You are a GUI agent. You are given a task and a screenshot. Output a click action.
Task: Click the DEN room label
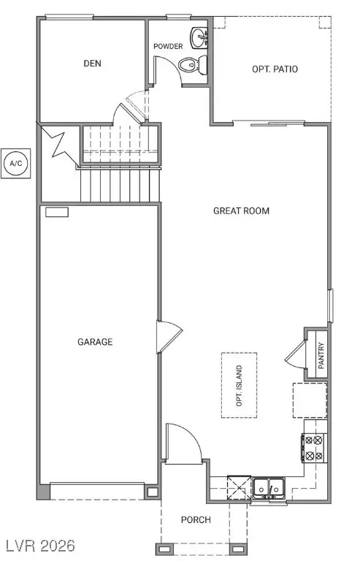[x=92, y=64]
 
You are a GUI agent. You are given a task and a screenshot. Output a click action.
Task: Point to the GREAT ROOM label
[x=241, y=211]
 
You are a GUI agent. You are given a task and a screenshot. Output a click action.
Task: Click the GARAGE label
[x=95, y=341]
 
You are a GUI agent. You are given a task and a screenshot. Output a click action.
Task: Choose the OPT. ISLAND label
[x=239, y=386]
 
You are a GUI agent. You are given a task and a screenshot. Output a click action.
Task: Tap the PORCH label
[x=196, y=520]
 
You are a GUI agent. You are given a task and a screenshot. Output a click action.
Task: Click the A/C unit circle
[x=15, y=163]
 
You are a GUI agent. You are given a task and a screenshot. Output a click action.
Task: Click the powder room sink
[x=199, y=37]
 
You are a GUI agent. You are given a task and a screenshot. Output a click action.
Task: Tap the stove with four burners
[x=315, y=447]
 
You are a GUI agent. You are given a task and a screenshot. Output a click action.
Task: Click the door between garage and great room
[x=165, y=337]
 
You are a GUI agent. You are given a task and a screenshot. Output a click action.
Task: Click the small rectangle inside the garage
[x=56, y=212]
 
